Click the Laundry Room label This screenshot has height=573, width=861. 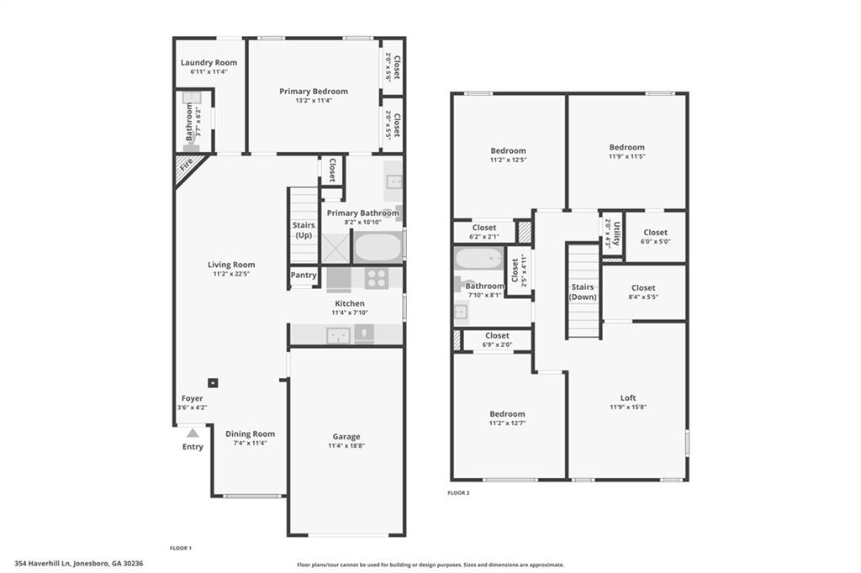209,62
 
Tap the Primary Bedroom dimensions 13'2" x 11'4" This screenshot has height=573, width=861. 313,101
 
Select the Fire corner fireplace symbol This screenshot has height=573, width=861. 185,163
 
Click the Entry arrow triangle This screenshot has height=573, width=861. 193,433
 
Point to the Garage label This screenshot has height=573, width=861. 346,436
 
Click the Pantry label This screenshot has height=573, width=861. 304,275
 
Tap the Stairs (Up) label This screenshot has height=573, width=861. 304,230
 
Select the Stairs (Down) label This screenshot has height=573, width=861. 583,292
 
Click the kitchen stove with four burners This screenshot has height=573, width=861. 376,278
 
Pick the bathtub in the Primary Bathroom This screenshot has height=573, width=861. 378,247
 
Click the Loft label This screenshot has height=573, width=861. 627,397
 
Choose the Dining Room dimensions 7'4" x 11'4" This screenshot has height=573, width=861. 251,443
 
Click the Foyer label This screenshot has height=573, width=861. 192,398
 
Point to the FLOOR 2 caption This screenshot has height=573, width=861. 458,492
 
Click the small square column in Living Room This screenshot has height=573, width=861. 213,382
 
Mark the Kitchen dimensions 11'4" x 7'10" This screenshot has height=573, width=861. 351,313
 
